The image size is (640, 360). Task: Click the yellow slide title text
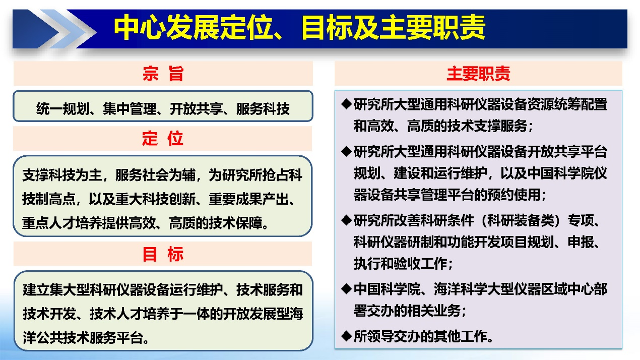299,28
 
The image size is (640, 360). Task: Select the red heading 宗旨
163,74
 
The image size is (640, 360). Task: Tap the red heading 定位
163,138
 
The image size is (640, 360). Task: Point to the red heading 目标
163,254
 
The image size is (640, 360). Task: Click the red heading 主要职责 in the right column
478,74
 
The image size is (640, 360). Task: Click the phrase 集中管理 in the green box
130,109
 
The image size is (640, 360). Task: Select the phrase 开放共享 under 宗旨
197,109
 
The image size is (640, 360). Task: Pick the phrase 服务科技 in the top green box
263,109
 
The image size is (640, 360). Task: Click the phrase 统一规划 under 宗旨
63,109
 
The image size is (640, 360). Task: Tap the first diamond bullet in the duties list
346,104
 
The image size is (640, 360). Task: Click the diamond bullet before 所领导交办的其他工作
346,336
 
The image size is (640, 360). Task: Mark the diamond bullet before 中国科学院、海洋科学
346,289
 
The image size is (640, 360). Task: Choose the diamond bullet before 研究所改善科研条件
346,220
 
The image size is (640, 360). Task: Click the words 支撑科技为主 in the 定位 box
62,175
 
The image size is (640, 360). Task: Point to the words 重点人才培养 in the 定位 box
62,223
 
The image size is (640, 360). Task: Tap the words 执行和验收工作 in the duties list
400,263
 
